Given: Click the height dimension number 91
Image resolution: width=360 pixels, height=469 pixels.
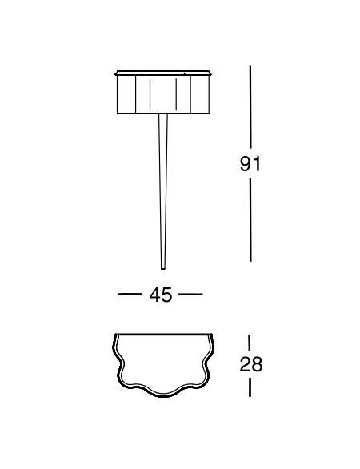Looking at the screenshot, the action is coord(250,164).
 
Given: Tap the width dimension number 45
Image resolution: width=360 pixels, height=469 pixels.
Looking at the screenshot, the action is coord(161,295).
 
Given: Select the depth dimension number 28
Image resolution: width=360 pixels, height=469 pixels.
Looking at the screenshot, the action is coord(251,364).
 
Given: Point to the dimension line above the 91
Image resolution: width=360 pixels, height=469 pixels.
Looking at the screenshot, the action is coord(250,109).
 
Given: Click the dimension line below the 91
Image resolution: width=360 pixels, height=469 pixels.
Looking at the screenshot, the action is coord(250,220).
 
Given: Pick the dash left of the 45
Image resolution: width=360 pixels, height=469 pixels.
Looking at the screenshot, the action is coord(129,295).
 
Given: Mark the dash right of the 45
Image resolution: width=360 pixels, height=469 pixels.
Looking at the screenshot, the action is coord(190,295).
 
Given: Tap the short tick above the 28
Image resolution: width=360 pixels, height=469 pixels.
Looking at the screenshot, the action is coord(250,343).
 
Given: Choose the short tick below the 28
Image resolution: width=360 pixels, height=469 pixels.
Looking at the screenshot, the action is coord(250,387).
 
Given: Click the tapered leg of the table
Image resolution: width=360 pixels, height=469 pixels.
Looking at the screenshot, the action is coord(163,191).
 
